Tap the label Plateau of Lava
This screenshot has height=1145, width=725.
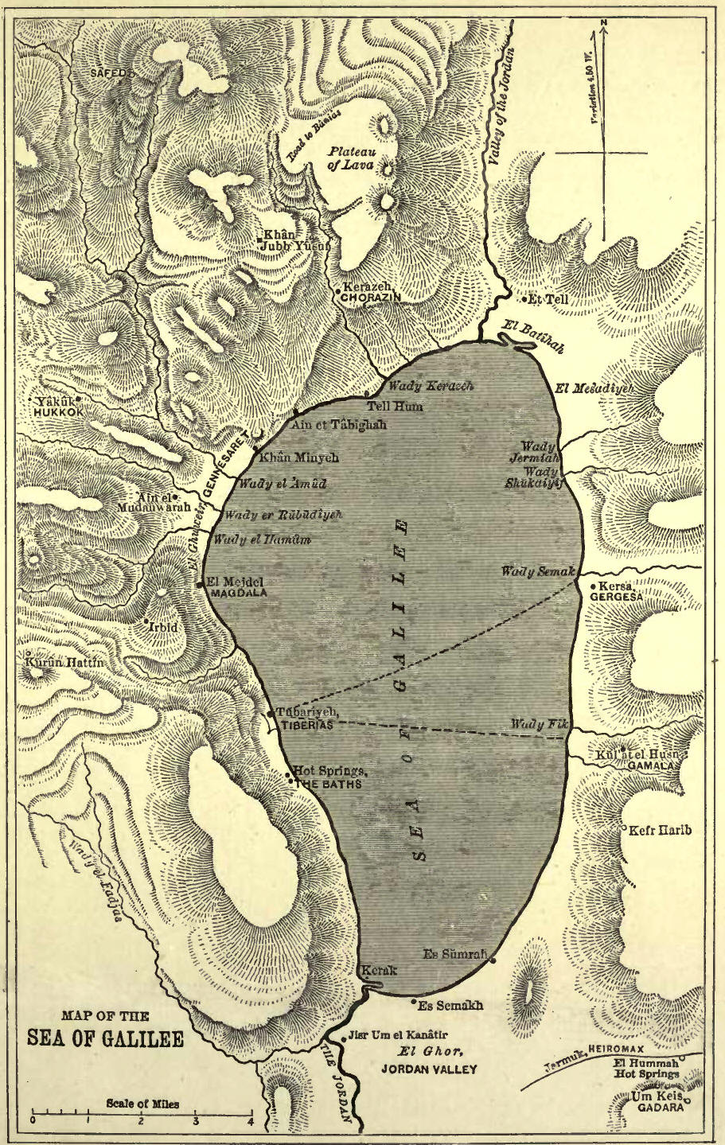[351, 157]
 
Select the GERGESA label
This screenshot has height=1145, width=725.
[617, 597]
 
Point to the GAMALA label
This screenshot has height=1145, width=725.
[653, 765]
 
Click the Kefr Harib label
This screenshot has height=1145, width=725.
[661, 831]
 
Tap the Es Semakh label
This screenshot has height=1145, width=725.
[450, 1005]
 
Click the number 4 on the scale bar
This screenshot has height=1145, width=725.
[250, 1121]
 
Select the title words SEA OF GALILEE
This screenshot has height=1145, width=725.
[105, 1039]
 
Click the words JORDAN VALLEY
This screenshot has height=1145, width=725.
[429, 1069]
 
